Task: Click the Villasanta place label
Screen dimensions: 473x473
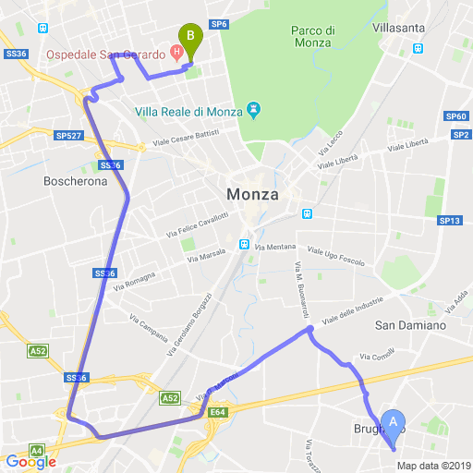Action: (400, 29)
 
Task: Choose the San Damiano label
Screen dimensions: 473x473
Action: (410, 325)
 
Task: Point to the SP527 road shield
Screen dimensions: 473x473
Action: (69, 135)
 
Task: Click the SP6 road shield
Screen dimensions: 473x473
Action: (219, 24)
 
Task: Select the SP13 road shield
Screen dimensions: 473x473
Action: (450, 221)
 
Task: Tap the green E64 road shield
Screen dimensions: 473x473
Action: (217, 412)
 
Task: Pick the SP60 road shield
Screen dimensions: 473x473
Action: (455, 116)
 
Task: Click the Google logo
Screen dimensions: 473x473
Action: (31, 462)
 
